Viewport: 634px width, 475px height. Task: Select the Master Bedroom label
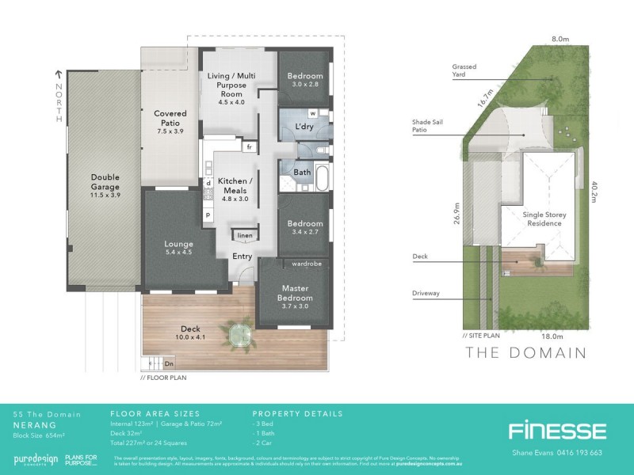coord(296,293)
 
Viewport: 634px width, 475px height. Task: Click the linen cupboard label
coord(245,236)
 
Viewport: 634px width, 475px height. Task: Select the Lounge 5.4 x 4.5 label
coord(179,248)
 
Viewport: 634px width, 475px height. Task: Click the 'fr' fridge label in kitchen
coord(249,147)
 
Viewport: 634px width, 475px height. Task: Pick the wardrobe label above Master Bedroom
coord(305,263)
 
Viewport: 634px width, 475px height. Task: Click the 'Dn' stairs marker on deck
coord(169,363)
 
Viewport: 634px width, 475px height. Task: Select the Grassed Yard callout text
coord(464,71)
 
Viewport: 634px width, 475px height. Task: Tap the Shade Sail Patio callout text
coord(432,127)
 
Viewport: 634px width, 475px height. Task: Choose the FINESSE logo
coord(557,431)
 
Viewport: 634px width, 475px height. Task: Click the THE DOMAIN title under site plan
coord(525,352)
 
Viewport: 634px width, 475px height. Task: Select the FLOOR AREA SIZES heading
coord(155,413)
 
